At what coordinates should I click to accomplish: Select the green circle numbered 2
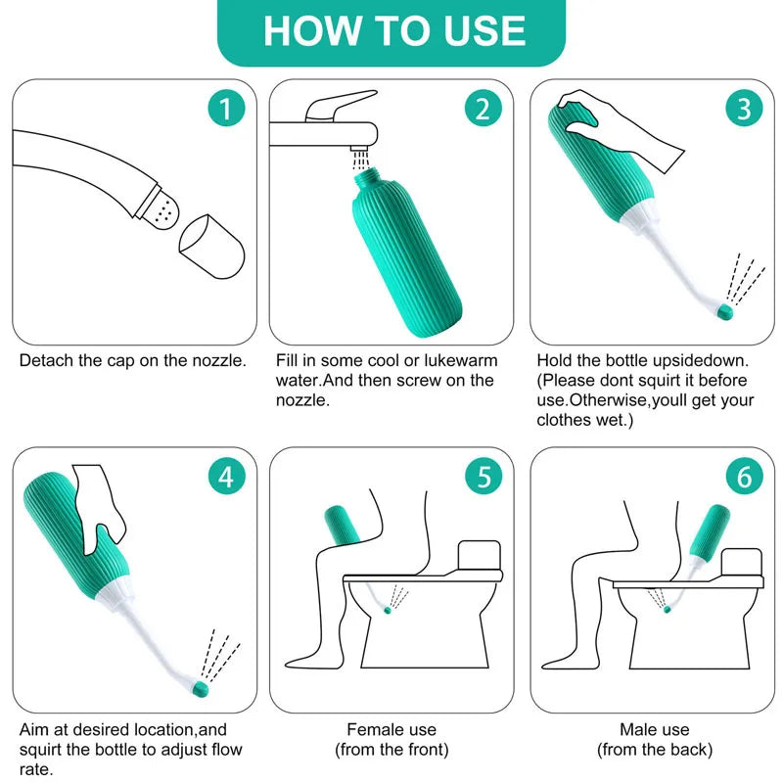[483, 109]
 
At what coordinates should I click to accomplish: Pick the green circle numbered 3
[744, 109]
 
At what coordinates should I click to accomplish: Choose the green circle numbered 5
[483, 477]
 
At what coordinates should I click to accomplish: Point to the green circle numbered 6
[744, 477]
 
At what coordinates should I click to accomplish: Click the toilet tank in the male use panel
[742, 562]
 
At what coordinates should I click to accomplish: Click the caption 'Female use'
[391, 729]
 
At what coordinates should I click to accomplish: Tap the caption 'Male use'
[654, 729]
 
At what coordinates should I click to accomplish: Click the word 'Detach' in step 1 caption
[45, 359]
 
